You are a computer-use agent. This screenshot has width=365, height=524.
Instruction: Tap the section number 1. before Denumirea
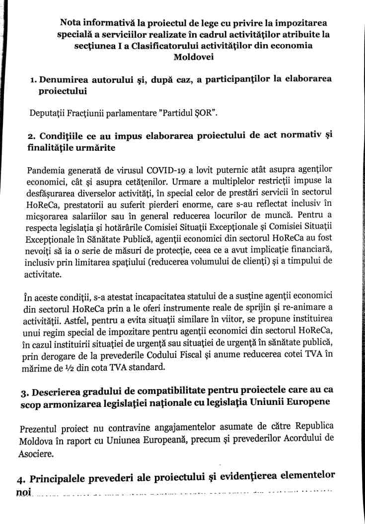click(31, 79)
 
